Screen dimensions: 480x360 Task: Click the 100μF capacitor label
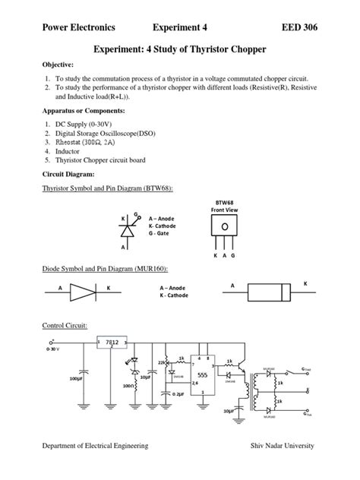pos(75,377)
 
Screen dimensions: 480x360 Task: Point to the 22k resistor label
pos(161,362)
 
